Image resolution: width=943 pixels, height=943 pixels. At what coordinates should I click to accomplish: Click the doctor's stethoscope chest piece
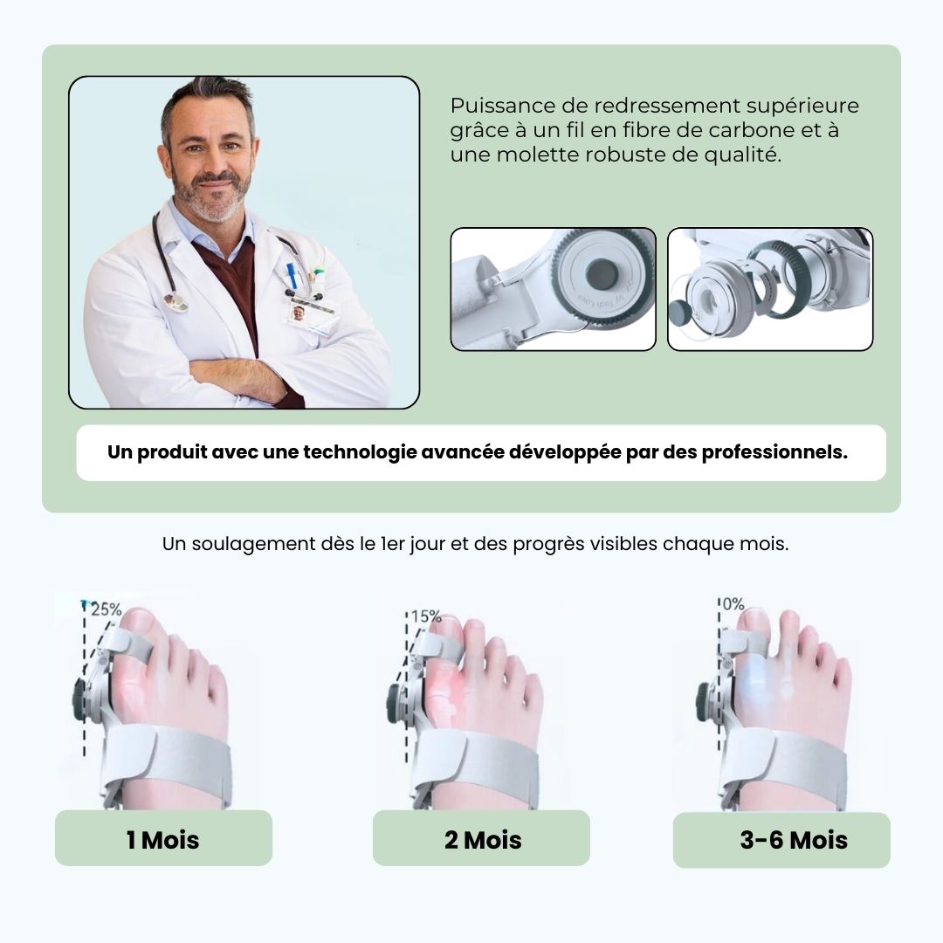176,302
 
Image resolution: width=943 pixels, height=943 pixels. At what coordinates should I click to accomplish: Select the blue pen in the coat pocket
292,275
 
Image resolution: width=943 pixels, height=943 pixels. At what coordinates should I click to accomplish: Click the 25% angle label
107,609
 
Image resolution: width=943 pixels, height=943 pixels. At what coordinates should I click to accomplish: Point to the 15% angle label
426,616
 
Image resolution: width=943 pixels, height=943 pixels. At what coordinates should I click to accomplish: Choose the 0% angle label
733,604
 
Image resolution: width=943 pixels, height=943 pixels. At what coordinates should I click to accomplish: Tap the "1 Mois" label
162,840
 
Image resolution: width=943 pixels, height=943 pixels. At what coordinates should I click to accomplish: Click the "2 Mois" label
483,840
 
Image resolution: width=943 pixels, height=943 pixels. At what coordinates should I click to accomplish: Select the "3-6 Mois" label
794,840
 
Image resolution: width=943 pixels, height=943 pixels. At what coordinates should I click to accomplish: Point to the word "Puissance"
503,106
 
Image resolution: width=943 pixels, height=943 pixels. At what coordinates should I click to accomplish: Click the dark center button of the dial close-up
602,273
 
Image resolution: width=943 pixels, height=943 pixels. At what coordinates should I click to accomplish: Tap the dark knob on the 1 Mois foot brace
79,699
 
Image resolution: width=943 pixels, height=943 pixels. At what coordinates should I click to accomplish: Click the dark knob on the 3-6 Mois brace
702,702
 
